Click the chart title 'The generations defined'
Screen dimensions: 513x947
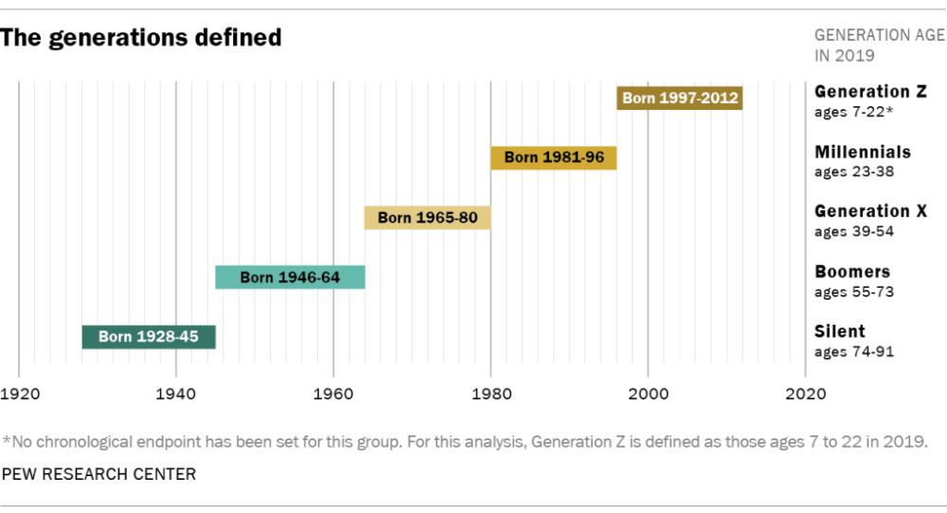(x=142, y=38)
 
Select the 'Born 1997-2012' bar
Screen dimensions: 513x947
(x=680, y=97)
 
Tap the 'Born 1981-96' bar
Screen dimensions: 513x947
(x=553, y=157)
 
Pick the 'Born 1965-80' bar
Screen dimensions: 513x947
(x=427, y=218)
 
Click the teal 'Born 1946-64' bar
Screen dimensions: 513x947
(x=290, y=277)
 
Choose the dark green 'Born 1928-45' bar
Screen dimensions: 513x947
(x=149, y=337)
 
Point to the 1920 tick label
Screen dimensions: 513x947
(x=19, y=392)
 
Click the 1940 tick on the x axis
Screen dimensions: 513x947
(x=175, y=392)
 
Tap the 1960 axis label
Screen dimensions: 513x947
(x=333, y=392)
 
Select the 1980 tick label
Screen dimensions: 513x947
(x=491, y=392)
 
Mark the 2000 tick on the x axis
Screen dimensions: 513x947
(x=648, y=392)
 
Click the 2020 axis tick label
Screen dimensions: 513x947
(x=805, y=392)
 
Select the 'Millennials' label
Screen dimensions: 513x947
(x=863, y=151)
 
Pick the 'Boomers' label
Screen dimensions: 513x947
(x=852, y=272)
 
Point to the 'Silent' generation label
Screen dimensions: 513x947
(x=840, y=331)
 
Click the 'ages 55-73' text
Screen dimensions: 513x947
(x=854, y=292)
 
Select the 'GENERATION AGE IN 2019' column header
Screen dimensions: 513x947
(x=879, y=44)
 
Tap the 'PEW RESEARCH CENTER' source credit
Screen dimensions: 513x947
(x=98, y=474)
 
